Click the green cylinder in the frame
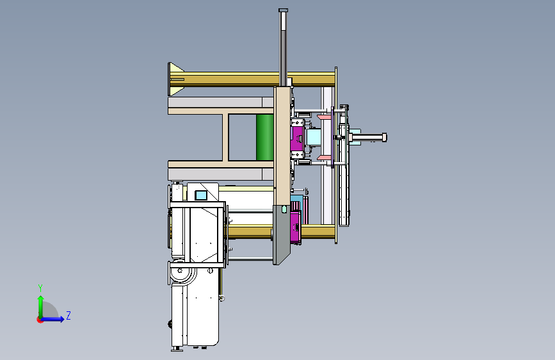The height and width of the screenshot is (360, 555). (x=265, y=137)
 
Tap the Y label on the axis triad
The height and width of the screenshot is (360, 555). (x=40, y=288)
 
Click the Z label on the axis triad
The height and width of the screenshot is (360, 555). (x=68, y=315)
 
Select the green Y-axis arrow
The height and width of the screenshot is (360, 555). (x=41, y=306)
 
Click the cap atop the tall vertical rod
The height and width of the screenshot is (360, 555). (x=283, y=10)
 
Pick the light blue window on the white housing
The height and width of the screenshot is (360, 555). (x=201, y=195)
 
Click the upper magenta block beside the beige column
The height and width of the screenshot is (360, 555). (x=296, y=138)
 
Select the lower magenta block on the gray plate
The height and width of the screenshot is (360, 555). (x=295, y=226)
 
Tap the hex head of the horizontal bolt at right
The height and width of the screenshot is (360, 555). (x=384, y=137)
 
